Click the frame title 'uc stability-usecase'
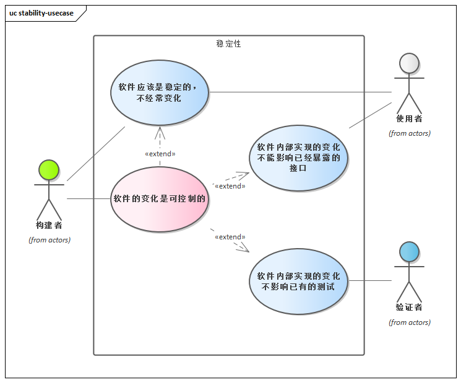[41, 12]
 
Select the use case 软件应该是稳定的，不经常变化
[160, 92]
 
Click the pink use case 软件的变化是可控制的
[159, 199]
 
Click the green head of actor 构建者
[48, 170]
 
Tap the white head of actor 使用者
[409, 64]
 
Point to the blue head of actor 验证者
[409, 252]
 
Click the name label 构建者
[49, 225]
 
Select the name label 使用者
[409, 118]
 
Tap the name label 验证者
[409, 307]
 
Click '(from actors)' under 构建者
[50, 240]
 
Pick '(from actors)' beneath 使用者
[409, 133]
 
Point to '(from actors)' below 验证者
[409, 322]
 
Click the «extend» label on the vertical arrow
[160, 154]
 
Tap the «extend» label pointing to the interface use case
[230, 185]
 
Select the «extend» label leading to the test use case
[230, 237]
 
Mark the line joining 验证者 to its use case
[370, 281]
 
